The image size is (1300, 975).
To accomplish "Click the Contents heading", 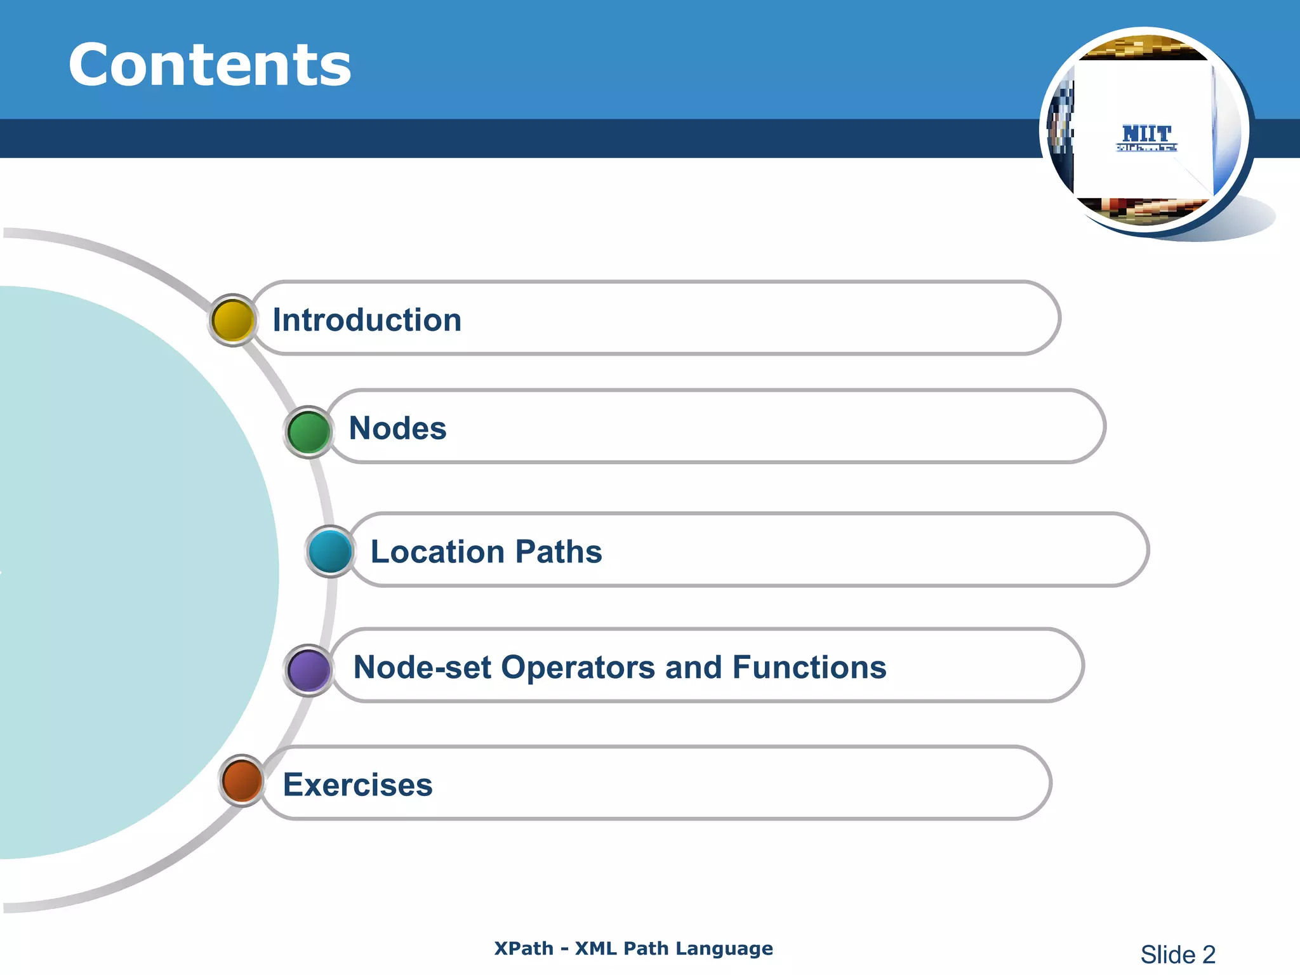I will tap(209, 65).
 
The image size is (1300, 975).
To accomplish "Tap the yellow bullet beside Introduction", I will tap(233, 320).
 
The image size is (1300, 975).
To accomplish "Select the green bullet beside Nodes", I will tap(308, 432).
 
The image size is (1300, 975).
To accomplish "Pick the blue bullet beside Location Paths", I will tap(331, 551).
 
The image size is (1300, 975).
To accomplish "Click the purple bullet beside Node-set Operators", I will tap(309, 670).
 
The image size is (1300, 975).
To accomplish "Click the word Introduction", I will tap(367, 320).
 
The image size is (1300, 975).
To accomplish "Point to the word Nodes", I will tap(398, 428).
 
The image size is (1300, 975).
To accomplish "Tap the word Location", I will tap(438, 552).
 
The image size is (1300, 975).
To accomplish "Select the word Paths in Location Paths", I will tap(559, 552).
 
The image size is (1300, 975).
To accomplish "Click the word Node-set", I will tap(422, 668).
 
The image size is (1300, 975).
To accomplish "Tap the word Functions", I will tap(809, 668).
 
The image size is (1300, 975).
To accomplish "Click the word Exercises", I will tap(357, 785).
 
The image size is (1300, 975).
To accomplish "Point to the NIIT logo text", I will tap(1146, 135).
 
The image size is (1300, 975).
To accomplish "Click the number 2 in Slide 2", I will tap(1208, 955).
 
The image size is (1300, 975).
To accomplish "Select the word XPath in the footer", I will tap(524, 948).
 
